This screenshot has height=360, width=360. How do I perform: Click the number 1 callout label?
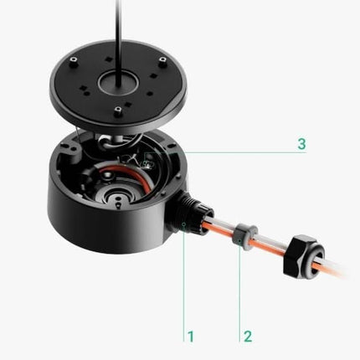(x=190, y=337)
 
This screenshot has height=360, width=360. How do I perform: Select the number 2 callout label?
(x=248, y=337)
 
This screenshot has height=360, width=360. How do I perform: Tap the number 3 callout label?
(x=301, y=144)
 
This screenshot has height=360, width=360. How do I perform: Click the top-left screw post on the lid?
(x=75, y=61)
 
